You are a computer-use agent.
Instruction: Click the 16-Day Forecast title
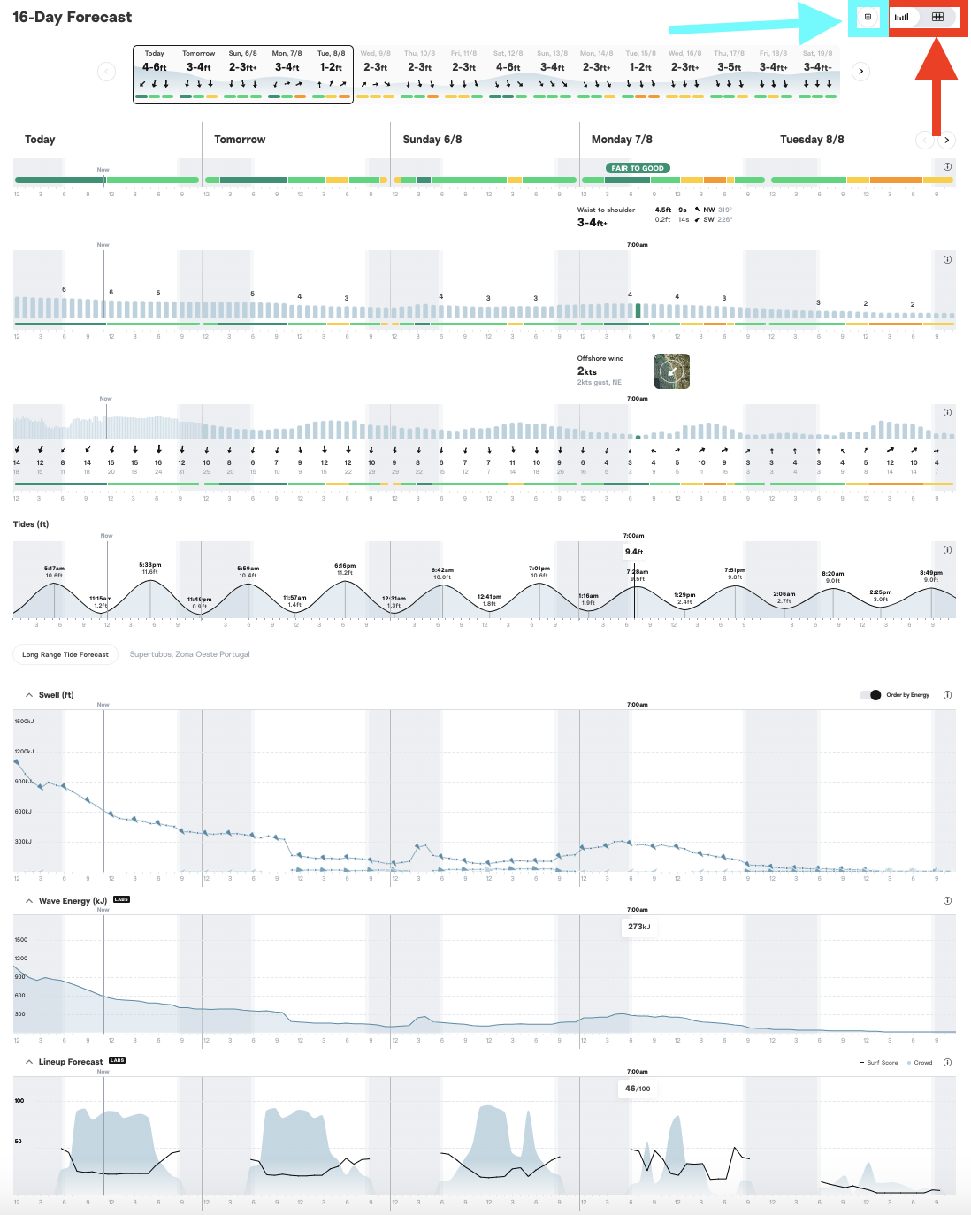click(x=73, y=17)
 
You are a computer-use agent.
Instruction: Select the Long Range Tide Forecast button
click(x=65, y=654)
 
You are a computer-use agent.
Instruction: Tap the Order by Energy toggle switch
click(x=870, y=695)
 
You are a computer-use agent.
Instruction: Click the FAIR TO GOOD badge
click(x=638, y=168)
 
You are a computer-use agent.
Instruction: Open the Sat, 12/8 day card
click(x=508, y=73)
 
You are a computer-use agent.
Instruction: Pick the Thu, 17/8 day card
click(x=729, y=73)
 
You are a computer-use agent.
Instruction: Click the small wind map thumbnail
click(x=672, y=371)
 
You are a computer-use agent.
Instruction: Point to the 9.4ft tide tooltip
click(x=634, y=552)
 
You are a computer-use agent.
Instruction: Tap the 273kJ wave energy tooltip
click(x=638, y=927)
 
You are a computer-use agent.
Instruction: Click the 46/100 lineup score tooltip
click(x=638, y=1089)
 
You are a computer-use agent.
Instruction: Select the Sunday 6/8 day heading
click(x=432, y=140)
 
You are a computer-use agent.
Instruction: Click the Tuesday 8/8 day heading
click(x=812, y=140)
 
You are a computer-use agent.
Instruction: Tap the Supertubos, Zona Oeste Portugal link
click(x=189, y=654)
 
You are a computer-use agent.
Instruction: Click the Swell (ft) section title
click(x=56, y=695)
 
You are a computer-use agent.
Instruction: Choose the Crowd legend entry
click(x=922, y=1063)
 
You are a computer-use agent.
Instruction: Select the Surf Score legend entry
click(x=882, y=1063)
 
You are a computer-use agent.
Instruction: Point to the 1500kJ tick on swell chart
click(x=24, y=722)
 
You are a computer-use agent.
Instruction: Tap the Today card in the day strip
click(x=155, y=73)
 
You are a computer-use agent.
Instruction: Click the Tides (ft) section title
click(x=31, y=524)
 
